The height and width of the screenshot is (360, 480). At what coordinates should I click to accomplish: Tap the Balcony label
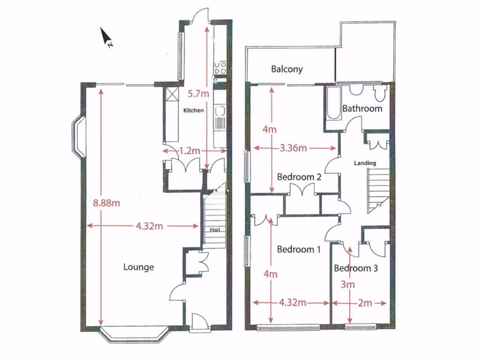tap(287, 69)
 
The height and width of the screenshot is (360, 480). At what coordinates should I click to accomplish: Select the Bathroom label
tap(362, 108)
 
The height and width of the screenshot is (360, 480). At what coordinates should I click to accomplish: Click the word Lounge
tap(138, 267)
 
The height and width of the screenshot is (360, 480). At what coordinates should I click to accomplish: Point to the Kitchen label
tap(194, 111)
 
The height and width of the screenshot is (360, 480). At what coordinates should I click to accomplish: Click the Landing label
tap(365, 163)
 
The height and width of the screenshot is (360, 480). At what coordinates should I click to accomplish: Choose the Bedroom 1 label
tap(299, 249)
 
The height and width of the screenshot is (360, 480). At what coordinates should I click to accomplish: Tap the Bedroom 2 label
tap(299, 177)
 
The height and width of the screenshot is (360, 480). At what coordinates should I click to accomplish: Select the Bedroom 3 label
tap(355, 269)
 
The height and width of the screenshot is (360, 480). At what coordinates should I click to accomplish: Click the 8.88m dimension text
tap(106, 203)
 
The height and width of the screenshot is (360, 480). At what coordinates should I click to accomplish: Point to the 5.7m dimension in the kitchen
tap(198, 94)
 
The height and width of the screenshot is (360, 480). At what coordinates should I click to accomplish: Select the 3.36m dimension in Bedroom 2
tap(293, 149)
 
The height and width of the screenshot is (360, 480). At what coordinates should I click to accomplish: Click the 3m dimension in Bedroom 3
tap(348, 285)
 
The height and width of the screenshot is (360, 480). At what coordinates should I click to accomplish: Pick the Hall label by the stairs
tap(215, 230)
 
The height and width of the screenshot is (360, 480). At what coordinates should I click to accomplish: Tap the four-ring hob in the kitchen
tap(219, 68)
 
